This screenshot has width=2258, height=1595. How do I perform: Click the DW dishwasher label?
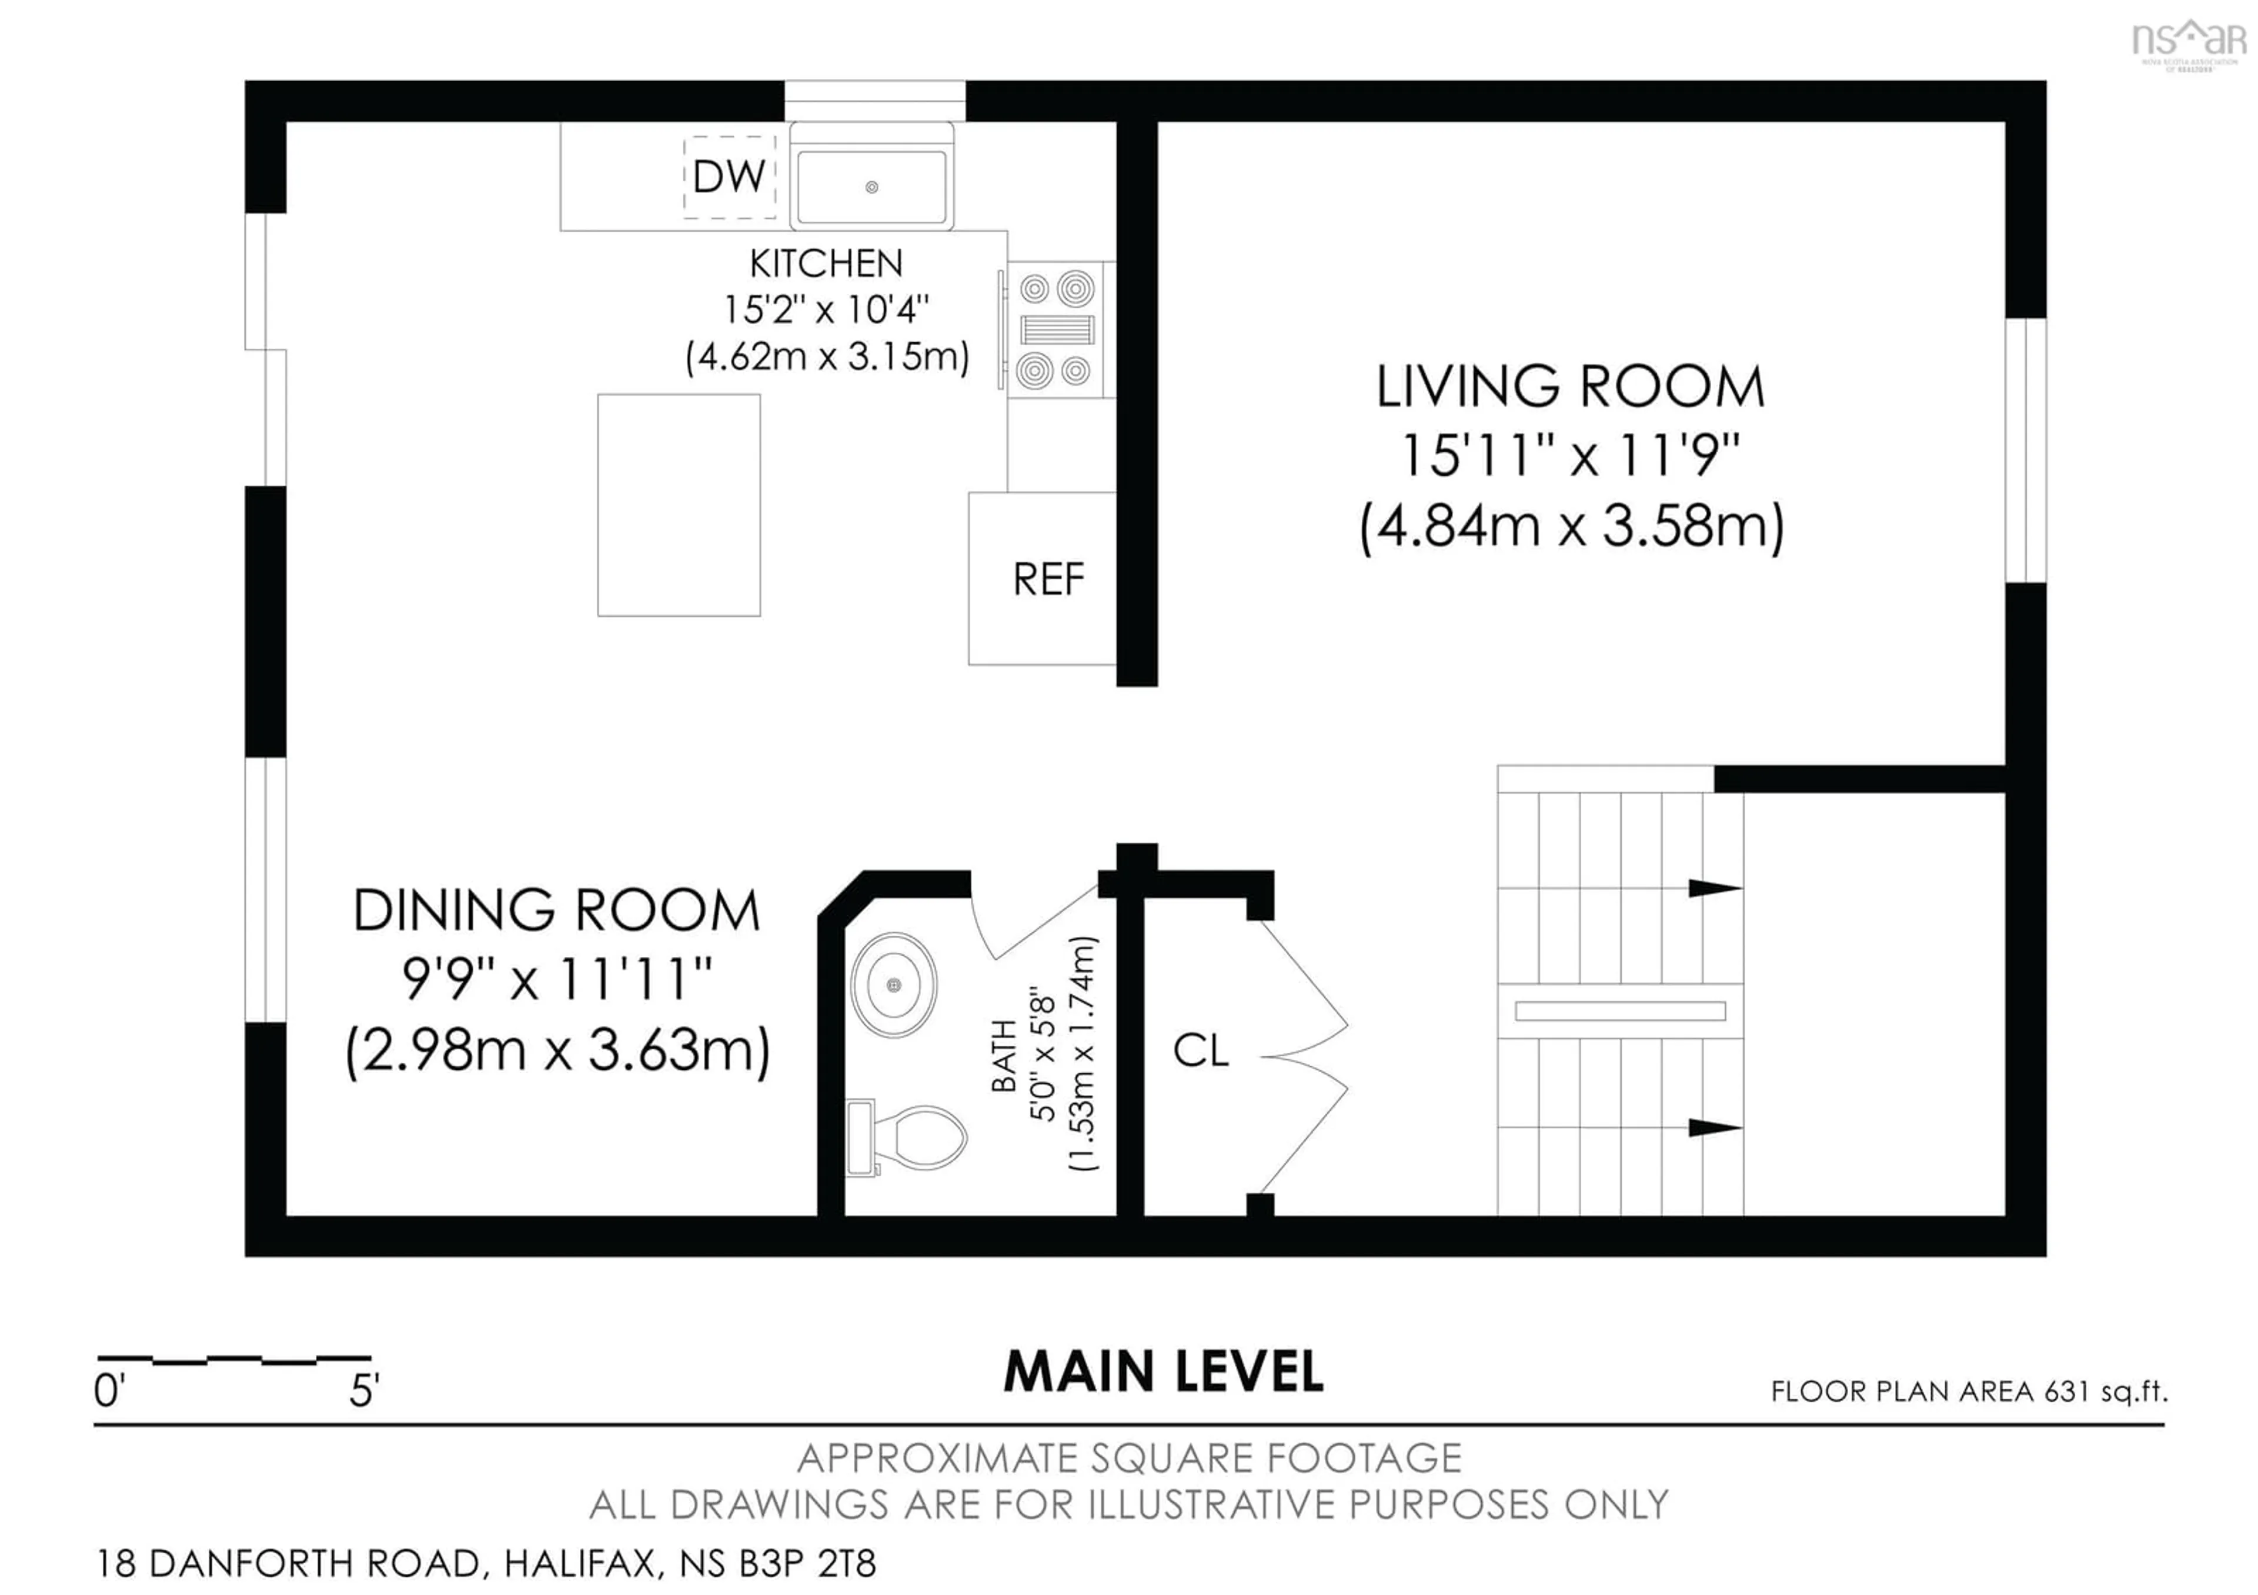(729, 177)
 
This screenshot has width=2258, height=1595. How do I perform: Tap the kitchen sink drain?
(871, 187)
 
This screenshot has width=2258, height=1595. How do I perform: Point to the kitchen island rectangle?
(679, 505)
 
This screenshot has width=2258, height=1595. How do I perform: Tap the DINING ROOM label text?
(557, 910)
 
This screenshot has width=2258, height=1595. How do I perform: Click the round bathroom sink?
(893, 985)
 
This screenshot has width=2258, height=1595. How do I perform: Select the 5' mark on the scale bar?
(364, 1390)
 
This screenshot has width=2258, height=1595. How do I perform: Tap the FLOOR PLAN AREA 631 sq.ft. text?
(1969, 1392)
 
